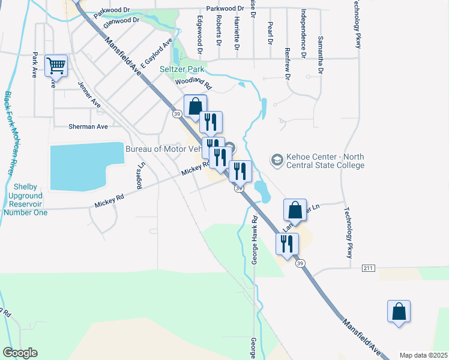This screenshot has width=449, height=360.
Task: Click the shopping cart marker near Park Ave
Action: (x=56, y=65)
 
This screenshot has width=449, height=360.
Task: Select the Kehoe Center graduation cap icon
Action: (x=277, y=159)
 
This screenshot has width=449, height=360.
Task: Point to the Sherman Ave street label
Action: (x=89, y=127)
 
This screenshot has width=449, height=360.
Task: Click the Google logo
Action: (x=20, y=353)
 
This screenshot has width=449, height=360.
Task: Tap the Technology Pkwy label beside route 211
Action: (x=348, y=233)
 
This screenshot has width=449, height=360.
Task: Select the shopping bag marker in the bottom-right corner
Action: (x=399, y=311)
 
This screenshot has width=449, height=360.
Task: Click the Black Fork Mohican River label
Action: (x=10, y=133)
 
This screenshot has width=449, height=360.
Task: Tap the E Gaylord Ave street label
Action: (x=156, y=52)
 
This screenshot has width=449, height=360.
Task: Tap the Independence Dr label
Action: (x=304, y=34)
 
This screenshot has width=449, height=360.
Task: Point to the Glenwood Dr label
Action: (x=121, y=23)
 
